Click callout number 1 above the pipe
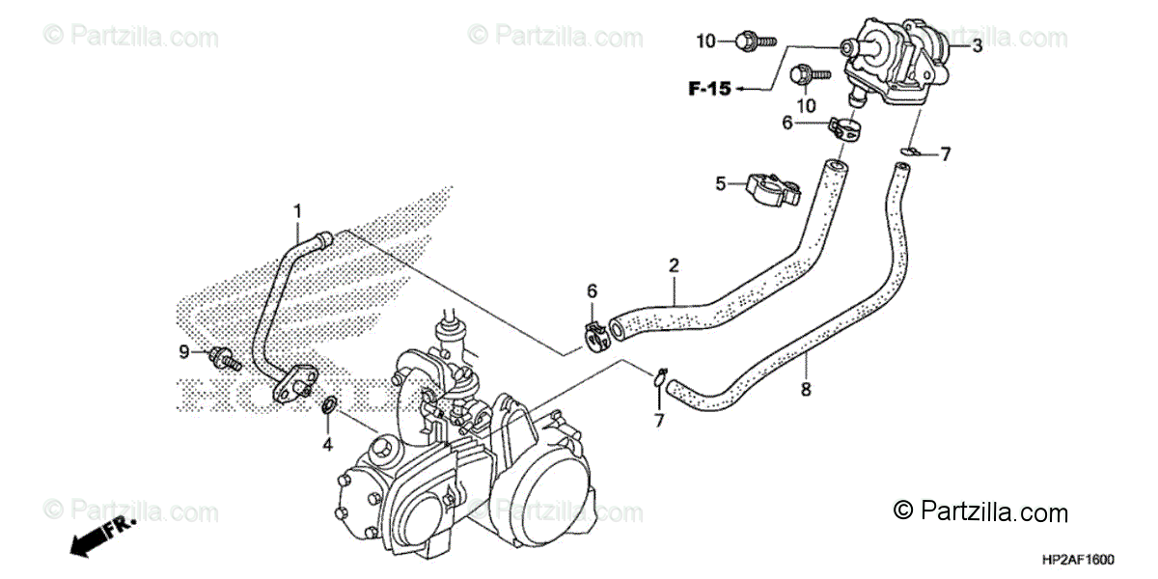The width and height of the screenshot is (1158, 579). point(298,210)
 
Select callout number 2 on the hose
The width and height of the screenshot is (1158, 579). point(675,264)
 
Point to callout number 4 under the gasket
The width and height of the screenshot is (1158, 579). point(327,445)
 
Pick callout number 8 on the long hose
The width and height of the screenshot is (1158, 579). point(806,389)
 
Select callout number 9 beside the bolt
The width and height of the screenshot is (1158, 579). point(184,352)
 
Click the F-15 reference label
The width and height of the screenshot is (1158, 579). point(709,90)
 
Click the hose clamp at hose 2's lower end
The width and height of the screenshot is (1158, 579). point(603,333)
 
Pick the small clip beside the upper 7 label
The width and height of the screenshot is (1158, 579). point(910,150)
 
